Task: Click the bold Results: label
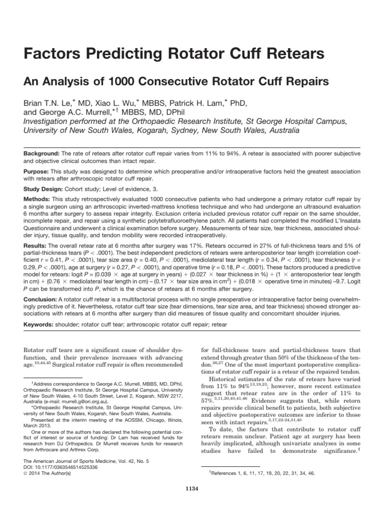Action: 36,246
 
